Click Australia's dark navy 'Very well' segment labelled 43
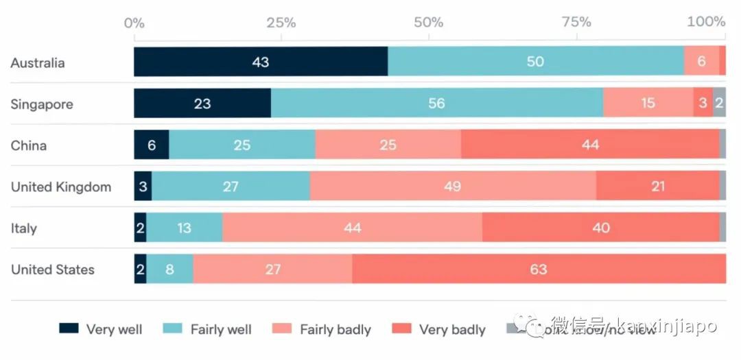pyautogui.click(x=261, y=62)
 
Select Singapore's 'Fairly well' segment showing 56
pyautogui.click(x=436, y=104)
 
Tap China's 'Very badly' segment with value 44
pyautogui.click(x=590, y=145)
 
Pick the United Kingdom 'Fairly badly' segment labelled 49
pyautogui.click(x=453, y=186)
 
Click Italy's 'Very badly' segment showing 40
pyautogui.click(x=600, y=228)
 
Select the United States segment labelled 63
pyautogui.click(x=539, y=269)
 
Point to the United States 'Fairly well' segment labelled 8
pyautogui.click(x=169, y=269)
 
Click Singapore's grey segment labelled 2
pyautogui.click(x=719, y=104)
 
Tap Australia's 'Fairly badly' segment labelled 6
pyautogui.click(x=701, y=62)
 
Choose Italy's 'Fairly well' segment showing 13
pyautogui.click(x=184, y=228)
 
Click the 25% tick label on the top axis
pyautogui.click(x=281, y=22)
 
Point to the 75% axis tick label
pyautogui.click(x=576, y=22)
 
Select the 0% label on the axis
pyautogui.click(x=134, y=22)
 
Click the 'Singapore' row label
pyautogui.click(x=41, y=104)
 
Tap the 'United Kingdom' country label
pyautogui.click(x=60, y=187)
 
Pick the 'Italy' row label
pyautogui.click(x=24, y=228)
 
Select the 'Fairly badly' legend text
pyautogui.click(x=336, y=329)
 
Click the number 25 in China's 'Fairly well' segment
pyautogui.click(x=242, y=145)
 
